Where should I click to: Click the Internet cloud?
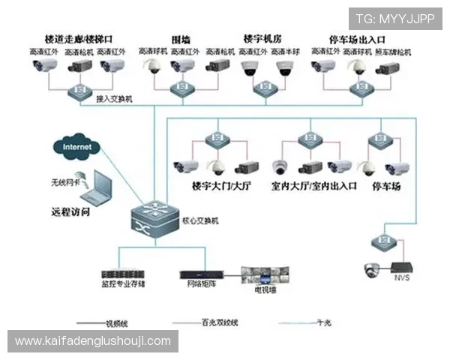[x=77, y=147]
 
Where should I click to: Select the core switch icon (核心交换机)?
[x=153, y=218]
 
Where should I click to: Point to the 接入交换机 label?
[x=114, y=98]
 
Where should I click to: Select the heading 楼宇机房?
[x=263, y=38]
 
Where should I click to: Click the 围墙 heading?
[x=181, y=38]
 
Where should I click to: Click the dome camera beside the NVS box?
[x=370, y=269]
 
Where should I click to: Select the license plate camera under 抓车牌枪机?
[x=388, y=68]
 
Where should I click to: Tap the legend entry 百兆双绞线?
[x=220, y=322]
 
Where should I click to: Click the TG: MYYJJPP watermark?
[x=394, y=18]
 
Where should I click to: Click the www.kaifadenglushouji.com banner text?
[x=93, y=341]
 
